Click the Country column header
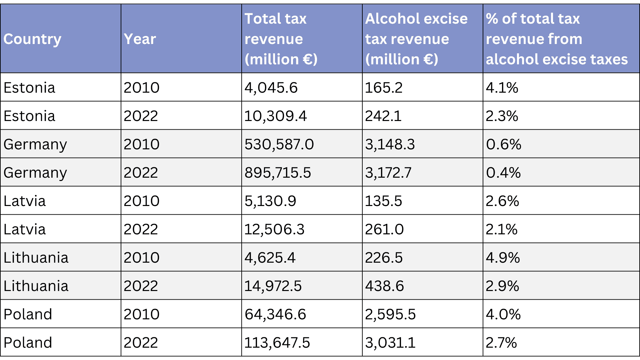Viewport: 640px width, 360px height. (x=32, y=39)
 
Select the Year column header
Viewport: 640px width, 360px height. (x=140, y=39)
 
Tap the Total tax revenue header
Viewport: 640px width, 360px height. (x=281, y=39)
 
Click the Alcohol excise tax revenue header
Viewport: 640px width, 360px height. (x=416, y=39)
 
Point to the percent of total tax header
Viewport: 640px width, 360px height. (x=557, y=39)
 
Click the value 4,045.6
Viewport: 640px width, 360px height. (x=271, y=88)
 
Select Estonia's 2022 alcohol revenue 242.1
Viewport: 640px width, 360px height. (x=383, y=116)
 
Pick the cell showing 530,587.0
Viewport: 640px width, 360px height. (x=279, y=144)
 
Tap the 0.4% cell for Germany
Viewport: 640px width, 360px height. (x=503, y=173)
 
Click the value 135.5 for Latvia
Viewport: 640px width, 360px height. (x=383, y=201)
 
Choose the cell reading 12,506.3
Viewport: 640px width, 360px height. (x=274, y=229)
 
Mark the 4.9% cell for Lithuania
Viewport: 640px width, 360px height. (x=503, y=258)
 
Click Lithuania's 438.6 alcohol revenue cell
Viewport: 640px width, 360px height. (x=384, y=286)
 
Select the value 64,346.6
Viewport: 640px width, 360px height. (x=275, y=314)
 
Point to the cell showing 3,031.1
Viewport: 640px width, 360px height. (x=390, y=343)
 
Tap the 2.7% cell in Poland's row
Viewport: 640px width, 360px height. (x=501, y=343)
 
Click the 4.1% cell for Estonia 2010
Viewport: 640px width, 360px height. (x=502, y=88)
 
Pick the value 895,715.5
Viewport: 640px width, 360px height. (x=278, y=173)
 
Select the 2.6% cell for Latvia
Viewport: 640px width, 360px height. (x=502, y=201)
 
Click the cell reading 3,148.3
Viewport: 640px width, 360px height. (x=390, y=144)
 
